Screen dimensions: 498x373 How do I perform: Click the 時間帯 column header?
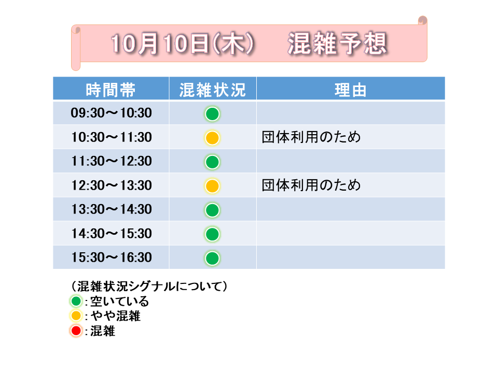pyautogui.click(x=110, y=90)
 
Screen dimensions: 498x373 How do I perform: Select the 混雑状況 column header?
pyautogui.click(x=213, y=90)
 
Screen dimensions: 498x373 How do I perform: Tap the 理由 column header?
pyautogui.click(x=350, y=90)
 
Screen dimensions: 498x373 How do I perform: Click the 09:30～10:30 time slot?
pyautogui.click(x=111, y=113)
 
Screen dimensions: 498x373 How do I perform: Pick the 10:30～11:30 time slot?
pyautogui.click(x=111, y=137)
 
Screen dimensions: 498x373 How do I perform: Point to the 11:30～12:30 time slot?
pyautogui.click(x=111, y=161)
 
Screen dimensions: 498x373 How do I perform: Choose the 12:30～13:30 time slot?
pyautogui.click(x=111, y=185)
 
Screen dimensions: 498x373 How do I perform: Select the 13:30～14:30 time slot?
pyautogui.click(x=111, y=209)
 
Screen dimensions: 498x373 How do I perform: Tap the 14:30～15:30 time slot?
pyautogui.click(x=111, y=234)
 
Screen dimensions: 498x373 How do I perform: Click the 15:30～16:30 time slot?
pyautogui.click(x=111, y=257)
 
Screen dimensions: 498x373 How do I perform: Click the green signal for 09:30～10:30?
pyautogui.click(x=212, y=114)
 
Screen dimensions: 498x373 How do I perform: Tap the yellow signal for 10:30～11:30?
pyautogui.click(x=212, y=138)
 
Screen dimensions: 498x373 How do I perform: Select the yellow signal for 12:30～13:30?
pyautogui.click(x=212, y=186)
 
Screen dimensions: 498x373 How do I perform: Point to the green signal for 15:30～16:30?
pyautogui.click(x=212, y=258)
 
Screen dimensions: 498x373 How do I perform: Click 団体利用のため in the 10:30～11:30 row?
pyautogui.click(x=311, y=137)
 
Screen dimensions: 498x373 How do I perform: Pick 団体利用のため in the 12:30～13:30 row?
pyautogui.click(x=311, y=185)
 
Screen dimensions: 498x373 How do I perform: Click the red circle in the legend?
pyautogui.click(x=76, y=331)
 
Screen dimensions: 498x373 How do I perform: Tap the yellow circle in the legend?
pyautogui.click(x=76, y=315)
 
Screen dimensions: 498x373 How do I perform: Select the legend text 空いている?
pyautogui.click(x=120, y=301)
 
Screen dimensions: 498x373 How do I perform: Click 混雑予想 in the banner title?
pyautogui.click(x=337, y=44)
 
